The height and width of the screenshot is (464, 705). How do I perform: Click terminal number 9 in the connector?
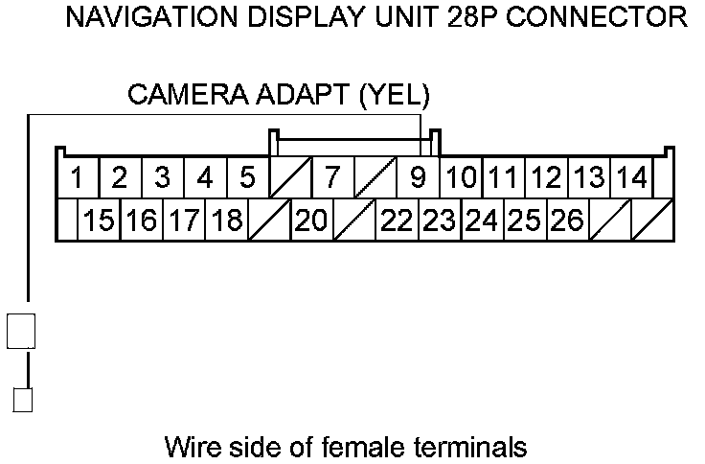(418, 178)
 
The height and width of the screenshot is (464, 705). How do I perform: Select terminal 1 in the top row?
(78, 178)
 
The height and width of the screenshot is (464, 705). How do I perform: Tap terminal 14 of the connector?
(631, 178)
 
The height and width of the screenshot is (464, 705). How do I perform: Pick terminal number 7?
(332, 178)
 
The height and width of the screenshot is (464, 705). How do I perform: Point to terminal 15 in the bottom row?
(99, 221)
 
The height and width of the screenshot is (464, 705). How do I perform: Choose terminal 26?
(568, 221)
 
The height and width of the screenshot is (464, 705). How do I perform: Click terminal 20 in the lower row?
(311, 221)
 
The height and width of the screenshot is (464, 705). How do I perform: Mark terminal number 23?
(440, 221)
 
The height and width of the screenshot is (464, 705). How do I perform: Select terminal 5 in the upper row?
(247, 178)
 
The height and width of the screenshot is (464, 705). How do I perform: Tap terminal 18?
(226, 221)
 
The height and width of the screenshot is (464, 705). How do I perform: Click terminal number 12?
(546, 178)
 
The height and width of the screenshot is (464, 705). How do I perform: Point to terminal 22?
(397, 221)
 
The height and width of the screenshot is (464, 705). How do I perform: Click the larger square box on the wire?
(21, 331)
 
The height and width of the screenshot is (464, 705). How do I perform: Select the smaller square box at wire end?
(22, 400)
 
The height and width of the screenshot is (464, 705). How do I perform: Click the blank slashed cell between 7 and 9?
(375, 178)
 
